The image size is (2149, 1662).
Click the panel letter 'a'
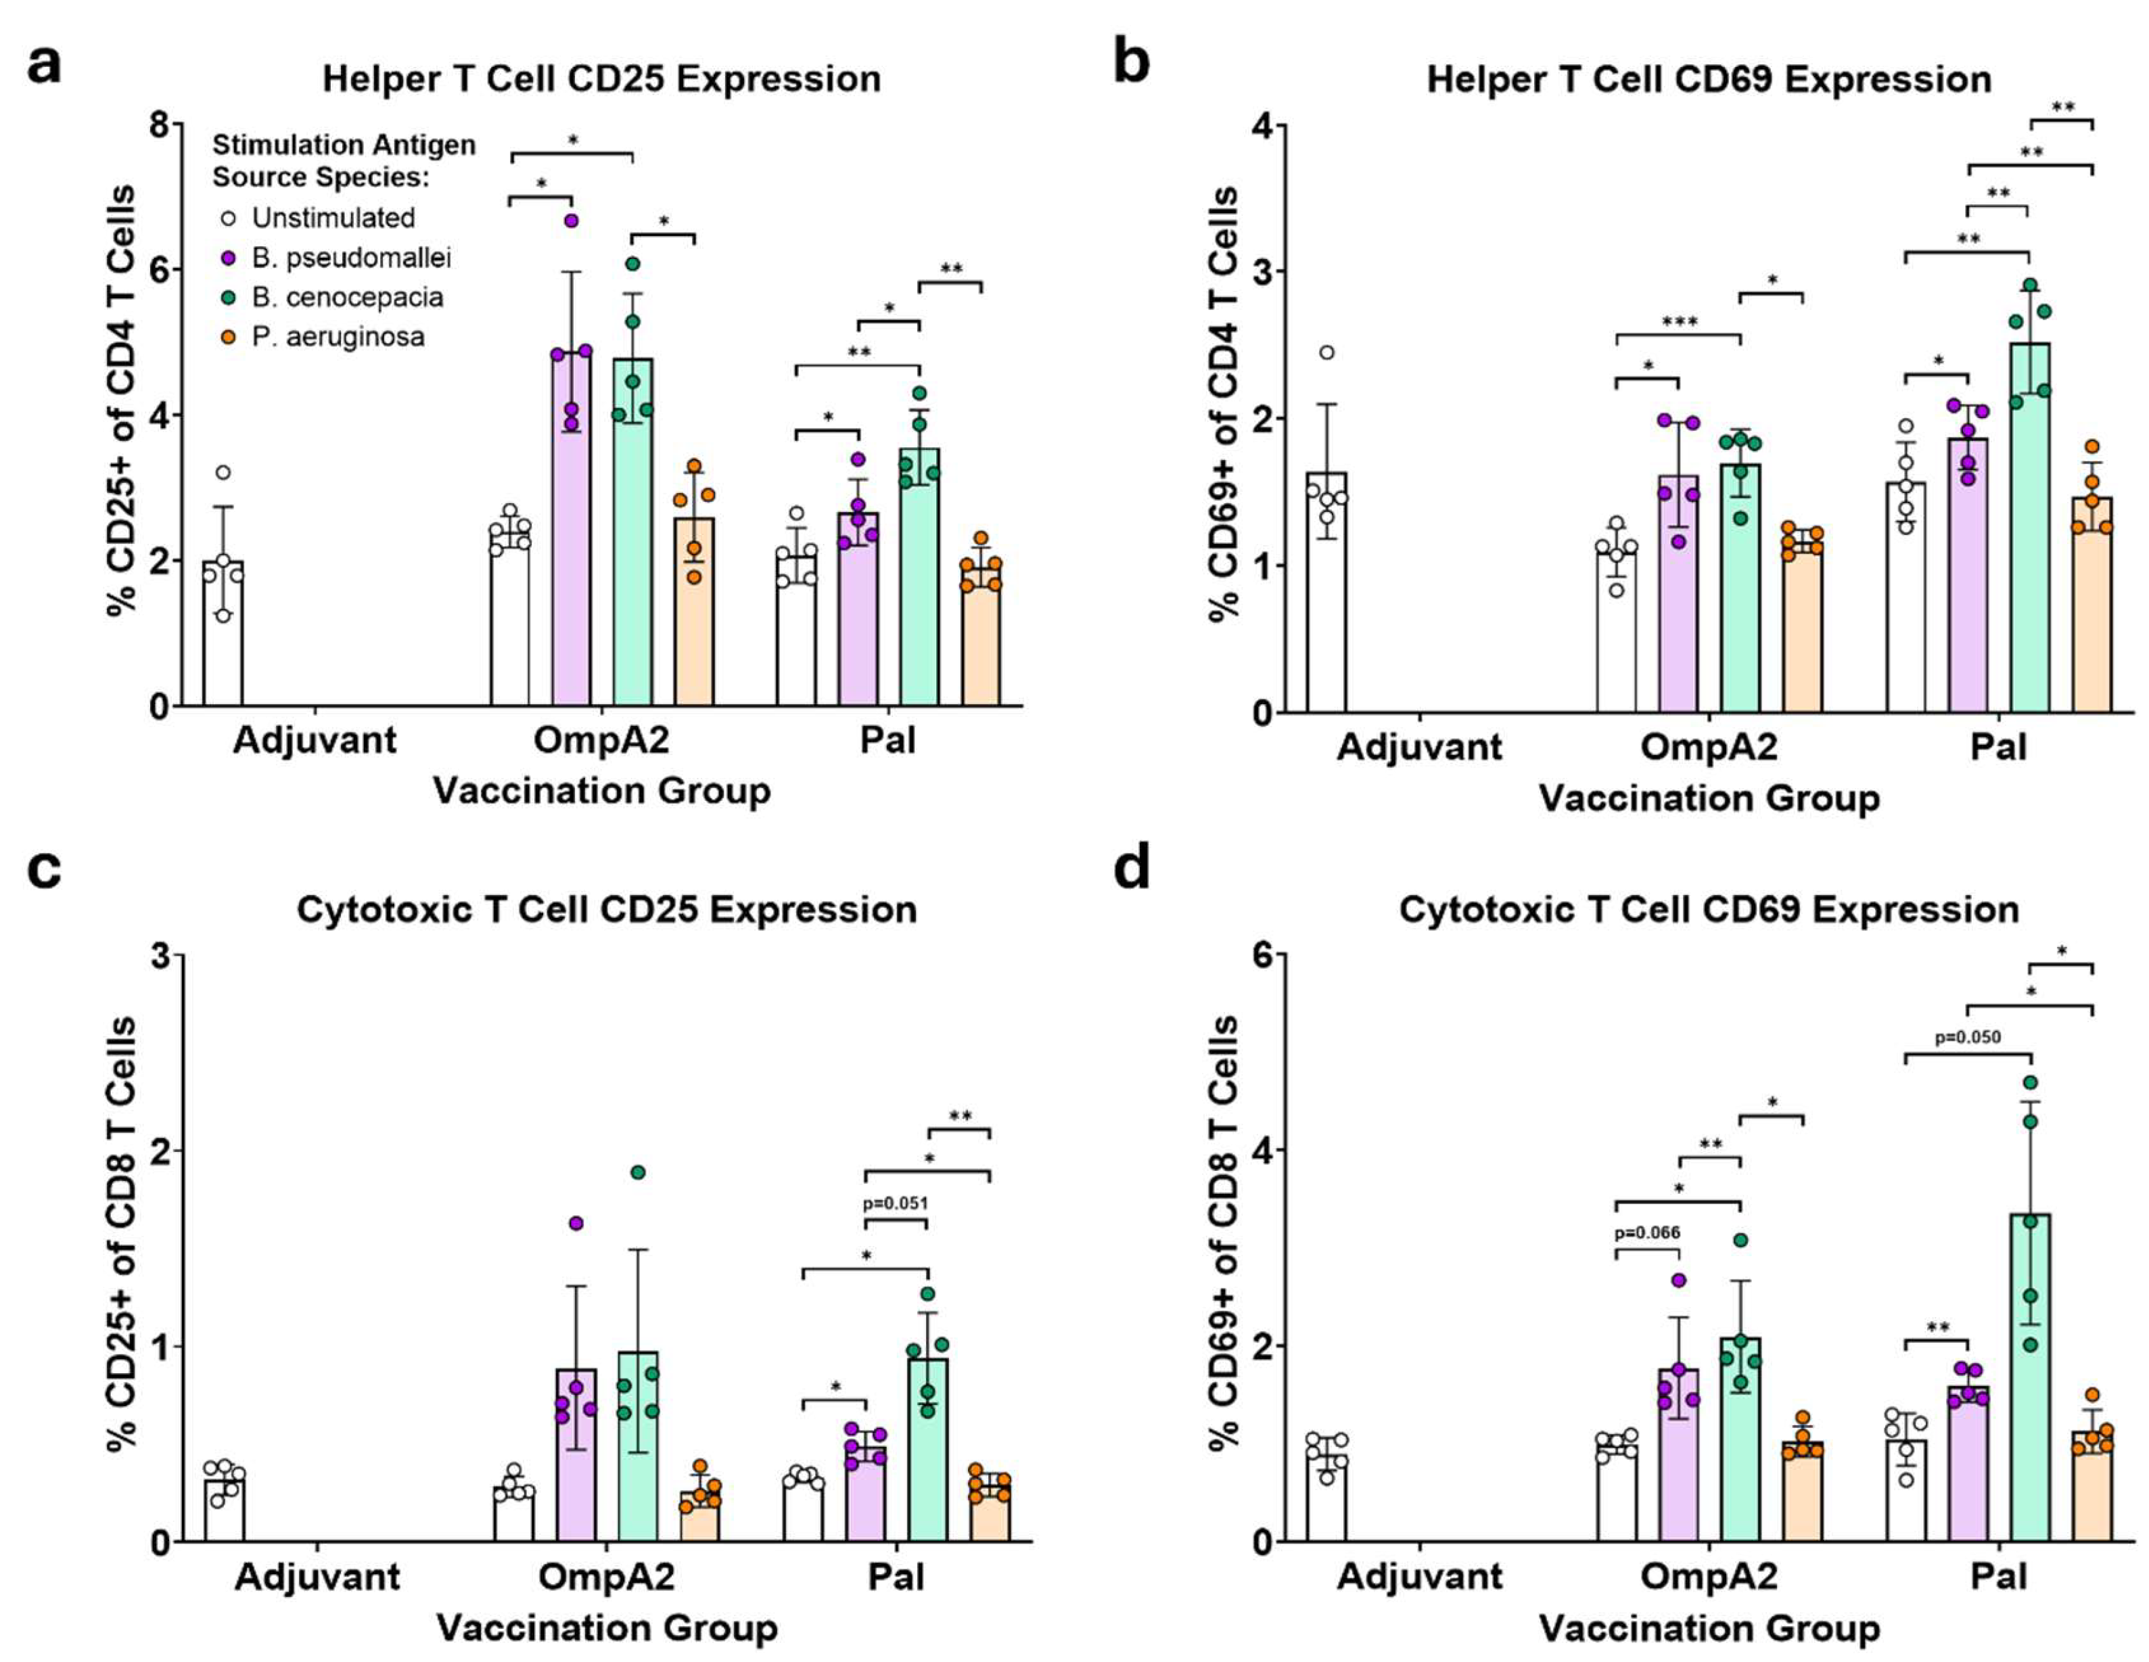[x=44, y=65]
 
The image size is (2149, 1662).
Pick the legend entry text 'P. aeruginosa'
[x=338, y=337]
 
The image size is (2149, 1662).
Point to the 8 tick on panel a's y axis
[x=160, y=125]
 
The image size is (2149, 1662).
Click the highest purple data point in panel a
[x=571, y=221]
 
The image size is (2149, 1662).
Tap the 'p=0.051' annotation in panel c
[x=896, y=1203]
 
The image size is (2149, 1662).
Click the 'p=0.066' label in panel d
[x=1647, y=1232]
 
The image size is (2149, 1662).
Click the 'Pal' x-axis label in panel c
[x=896, y=1577]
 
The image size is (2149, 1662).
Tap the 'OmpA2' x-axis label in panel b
[x=1709, y=747]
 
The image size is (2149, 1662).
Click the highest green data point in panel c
[x=638, y=1172]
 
